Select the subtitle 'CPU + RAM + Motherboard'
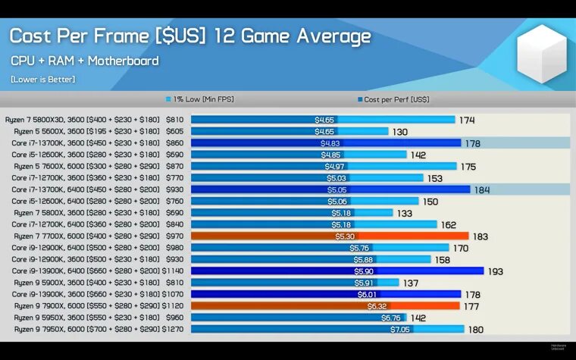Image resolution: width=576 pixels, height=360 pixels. pos(84,61)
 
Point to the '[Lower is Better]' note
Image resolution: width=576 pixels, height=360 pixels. pos(42,79)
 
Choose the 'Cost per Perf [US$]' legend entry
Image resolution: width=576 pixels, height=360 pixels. pos(392,99)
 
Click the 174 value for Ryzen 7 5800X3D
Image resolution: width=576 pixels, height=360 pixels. pos(467,120)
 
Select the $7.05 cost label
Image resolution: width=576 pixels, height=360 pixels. pos(399,329)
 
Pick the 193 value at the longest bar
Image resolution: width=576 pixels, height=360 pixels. pos(495,271)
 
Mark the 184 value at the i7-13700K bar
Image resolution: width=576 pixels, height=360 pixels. pos(482,189)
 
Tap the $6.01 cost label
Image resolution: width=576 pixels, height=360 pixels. pos(367,294)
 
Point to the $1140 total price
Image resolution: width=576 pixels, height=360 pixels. pos(173,271)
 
